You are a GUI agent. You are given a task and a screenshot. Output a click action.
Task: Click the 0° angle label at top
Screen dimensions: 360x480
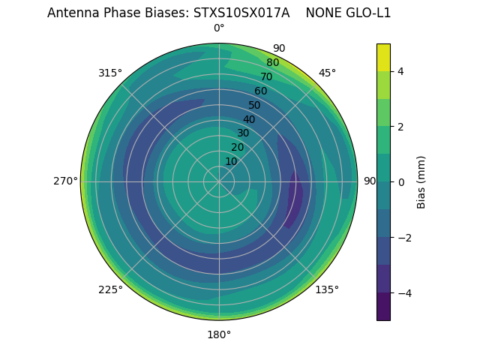point(219,28)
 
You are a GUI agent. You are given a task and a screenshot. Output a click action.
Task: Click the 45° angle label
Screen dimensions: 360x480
point(327,73)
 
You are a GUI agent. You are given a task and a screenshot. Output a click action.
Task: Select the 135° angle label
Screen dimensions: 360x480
point(327,289)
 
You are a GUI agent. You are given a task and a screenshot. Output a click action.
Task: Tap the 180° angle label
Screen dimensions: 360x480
point(219,334)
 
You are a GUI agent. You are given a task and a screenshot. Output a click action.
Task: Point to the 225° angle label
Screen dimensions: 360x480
point(110,289)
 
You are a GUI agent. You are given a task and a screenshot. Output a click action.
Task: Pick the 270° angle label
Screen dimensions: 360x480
point(65,181)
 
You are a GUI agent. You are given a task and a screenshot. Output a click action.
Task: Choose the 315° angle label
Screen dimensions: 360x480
point(110,73)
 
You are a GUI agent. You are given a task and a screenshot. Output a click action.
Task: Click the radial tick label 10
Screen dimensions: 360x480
point(231,161)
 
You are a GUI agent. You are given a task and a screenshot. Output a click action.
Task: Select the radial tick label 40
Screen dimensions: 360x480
point(249,119)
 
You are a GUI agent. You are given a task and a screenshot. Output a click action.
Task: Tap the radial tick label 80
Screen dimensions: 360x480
point(273,62)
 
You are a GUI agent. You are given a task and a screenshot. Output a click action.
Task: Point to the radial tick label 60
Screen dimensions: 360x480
point(261,91)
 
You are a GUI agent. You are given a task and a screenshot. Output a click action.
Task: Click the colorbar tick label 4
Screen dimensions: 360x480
point(400,71)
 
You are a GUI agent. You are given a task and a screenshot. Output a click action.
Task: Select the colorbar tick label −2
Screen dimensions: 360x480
point(403,238)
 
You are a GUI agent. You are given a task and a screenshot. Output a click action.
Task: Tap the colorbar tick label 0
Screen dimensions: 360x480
point(400,182)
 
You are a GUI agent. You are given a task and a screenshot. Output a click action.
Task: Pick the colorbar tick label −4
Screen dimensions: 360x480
point(403,293)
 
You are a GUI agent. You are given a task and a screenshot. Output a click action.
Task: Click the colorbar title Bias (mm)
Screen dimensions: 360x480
point(421,182)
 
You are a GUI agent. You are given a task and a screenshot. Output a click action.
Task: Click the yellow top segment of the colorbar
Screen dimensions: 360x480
point(383,57)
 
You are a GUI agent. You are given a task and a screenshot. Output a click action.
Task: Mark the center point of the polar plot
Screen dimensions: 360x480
point(219,181)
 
